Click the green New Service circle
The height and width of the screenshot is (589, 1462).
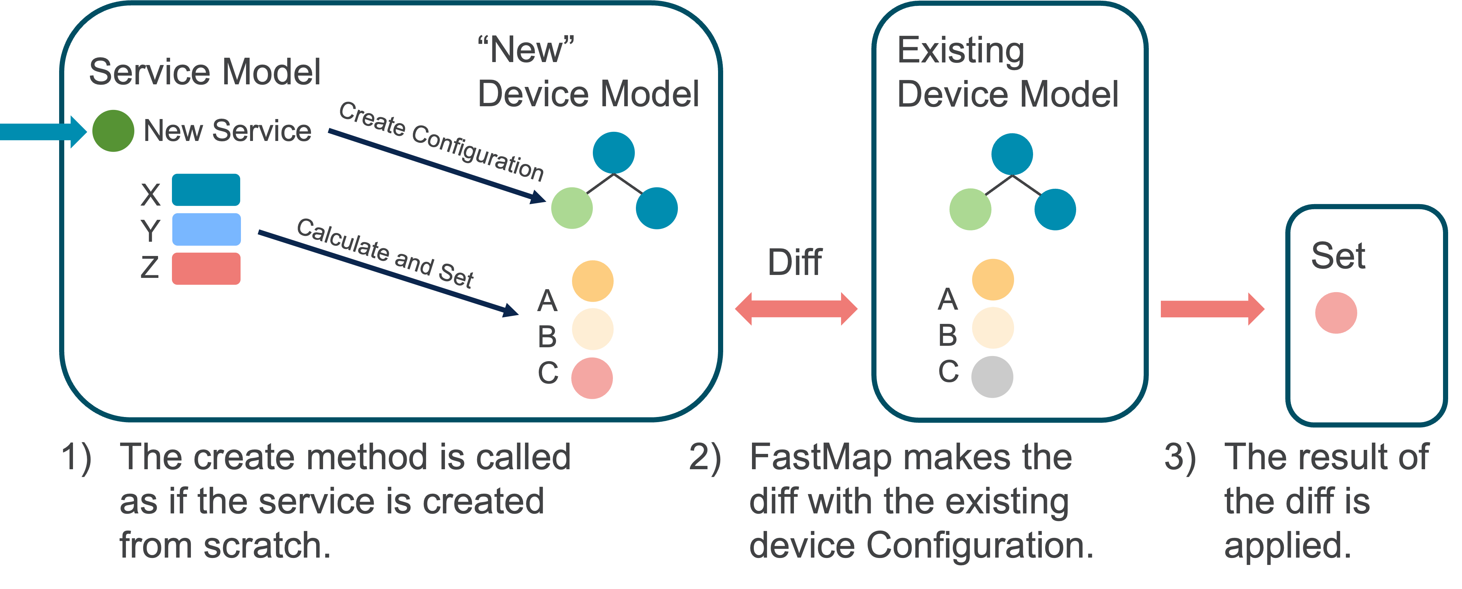113,131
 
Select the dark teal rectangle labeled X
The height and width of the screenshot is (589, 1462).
206,190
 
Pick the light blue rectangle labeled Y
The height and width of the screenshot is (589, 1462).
206,229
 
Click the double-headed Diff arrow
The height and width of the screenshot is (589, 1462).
796,309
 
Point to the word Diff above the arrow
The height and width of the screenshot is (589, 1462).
795,263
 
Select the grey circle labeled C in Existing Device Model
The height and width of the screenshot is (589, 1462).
992,376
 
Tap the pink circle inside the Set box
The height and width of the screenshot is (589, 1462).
1336,313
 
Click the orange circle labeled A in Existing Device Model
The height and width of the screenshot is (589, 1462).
993,279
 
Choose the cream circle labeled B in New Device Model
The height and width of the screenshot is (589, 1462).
592,329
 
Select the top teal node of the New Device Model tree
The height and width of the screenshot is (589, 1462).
614,153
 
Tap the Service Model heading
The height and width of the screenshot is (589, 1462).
205,72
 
